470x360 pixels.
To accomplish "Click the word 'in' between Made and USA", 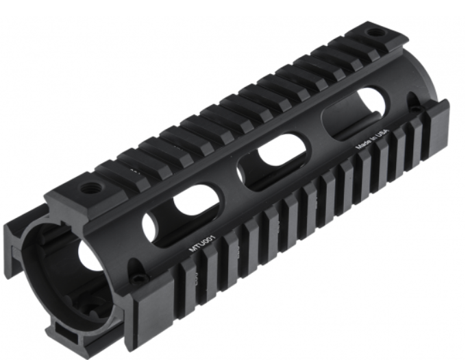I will point(374,139).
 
